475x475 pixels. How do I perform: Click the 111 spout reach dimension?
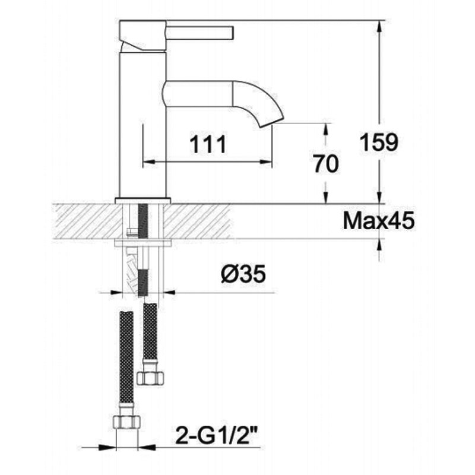point(208,144)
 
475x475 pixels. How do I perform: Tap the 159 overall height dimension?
point(379,142)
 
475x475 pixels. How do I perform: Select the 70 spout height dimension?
point(325,164)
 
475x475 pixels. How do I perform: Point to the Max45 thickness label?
point(379,220)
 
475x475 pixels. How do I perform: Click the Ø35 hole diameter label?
point(243,274)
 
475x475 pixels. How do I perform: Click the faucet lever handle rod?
point(200,33)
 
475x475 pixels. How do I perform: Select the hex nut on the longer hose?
point(126,422)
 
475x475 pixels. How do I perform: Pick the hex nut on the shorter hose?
point(151,378)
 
